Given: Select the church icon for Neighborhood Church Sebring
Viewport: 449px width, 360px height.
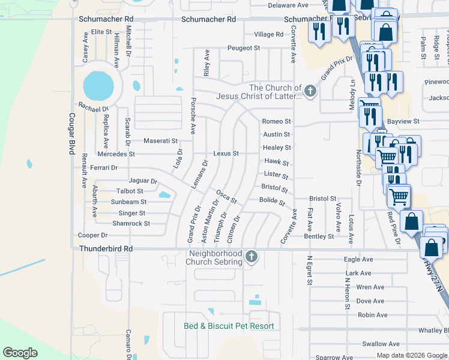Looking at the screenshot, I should coord(252,256).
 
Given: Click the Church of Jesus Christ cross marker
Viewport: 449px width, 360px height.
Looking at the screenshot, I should coord(310,91).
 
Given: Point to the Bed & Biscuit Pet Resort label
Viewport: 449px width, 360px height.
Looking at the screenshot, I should coord(229,326).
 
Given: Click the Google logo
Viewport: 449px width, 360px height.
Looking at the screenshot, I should coord(20,353).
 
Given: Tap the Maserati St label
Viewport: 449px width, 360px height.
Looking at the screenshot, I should coord(161,141).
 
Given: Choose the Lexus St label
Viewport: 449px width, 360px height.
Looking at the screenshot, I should coord(226,154).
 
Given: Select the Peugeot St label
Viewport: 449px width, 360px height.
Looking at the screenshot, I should coord(243,48).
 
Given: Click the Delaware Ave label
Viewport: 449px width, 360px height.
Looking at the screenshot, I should coord(283,5).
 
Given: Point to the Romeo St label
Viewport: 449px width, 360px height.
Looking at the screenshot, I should coord(276,121).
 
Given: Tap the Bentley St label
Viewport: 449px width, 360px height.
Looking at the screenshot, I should coord(319,237).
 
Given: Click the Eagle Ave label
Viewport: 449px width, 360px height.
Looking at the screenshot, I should coord(358,259).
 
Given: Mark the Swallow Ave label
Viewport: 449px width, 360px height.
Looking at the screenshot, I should coord(381,344).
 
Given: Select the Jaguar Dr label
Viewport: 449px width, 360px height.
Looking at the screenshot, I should coord(143,181).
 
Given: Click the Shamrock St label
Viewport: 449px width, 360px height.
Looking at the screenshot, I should coord(130,223).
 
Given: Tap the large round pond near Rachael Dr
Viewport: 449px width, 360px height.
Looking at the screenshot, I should coord(98,86).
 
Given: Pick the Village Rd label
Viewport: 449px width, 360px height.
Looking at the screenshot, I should coord(268,34).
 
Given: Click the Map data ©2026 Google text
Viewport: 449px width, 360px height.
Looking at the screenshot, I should coord(411,355).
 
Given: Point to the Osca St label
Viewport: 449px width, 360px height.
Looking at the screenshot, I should coord(226,196).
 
